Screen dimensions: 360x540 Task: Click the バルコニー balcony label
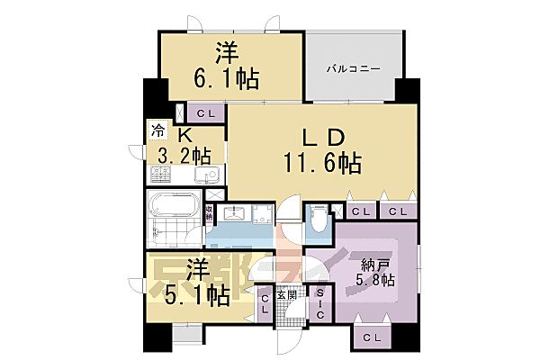[x=352, y=68]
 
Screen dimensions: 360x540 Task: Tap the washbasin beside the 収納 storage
[x=237, y=215]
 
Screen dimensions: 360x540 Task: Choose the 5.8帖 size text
[x=376, y=281]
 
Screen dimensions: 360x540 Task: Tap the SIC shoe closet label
[x=322, y=303]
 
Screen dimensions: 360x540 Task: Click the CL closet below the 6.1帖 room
[x=205, y=113]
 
